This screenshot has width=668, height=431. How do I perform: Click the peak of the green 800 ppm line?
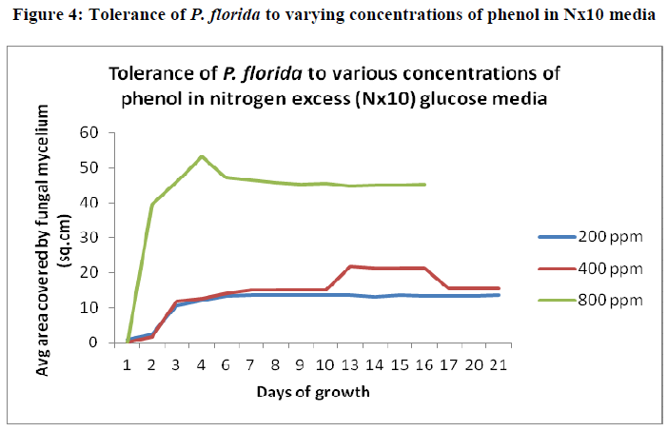[202, 156]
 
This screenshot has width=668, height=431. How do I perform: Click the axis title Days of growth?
[311, 391]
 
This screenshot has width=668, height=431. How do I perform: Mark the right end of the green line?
[424, 185]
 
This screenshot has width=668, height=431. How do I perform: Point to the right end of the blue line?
[500, 295]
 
